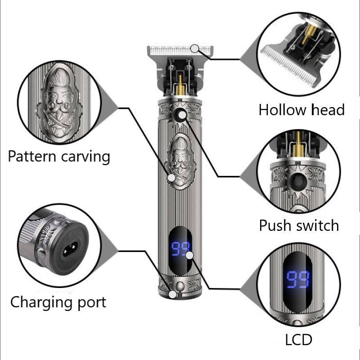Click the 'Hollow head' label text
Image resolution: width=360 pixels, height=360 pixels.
301,109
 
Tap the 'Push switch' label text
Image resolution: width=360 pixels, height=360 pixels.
299,225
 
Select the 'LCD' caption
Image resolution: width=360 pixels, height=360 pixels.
298,340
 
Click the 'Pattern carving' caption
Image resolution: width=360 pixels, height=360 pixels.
59,157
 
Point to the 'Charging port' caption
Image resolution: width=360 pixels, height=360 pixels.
58,301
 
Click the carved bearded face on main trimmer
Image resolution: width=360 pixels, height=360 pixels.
180,155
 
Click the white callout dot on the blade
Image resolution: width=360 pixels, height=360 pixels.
195,48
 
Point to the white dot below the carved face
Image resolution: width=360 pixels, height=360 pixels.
171,178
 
